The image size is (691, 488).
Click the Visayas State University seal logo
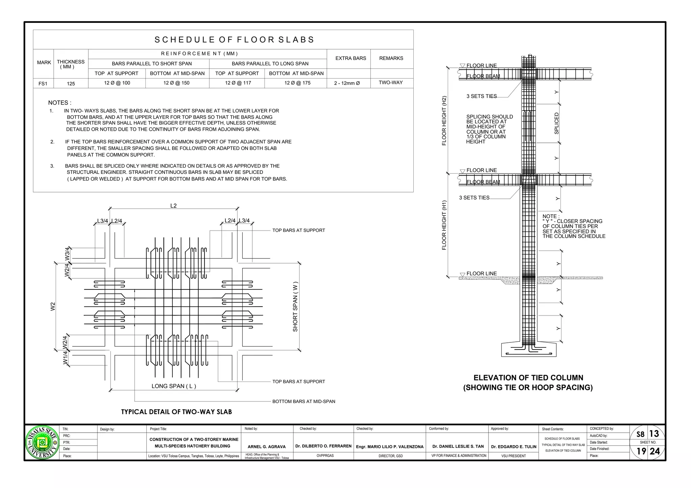coord(42,442)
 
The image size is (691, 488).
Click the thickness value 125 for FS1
coord(71,84)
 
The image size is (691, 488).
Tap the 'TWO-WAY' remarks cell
coord(391,83)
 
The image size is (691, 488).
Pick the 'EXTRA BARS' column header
coord(351,58)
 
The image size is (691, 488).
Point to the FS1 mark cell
coord(43,84)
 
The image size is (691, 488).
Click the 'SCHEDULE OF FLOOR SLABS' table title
coord(234,40)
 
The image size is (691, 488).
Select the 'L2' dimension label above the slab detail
coord(173,206)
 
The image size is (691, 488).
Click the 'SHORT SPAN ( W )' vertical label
coord(295,306)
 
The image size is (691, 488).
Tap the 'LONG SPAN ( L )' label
coord(174,386)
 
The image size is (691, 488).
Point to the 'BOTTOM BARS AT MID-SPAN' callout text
coord(304,401)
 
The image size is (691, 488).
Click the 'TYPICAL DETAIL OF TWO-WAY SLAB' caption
coord(176,412)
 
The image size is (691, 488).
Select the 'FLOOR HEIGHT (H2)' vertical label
coord(444,121)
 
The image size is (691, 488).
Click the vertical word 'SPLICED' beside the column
coord(556,123)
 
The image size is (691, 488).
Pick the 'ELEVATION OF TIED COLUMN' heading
coord(528,378)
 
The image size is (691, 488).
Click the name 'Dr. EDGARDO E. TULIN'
coord(514,447)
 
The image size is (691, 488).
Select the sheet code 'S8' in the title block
coord(640,434)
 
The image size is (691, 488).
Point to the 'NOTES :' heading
coord(60,103)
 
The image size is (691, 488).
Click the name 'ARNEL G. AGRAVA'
coord(267,447)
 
